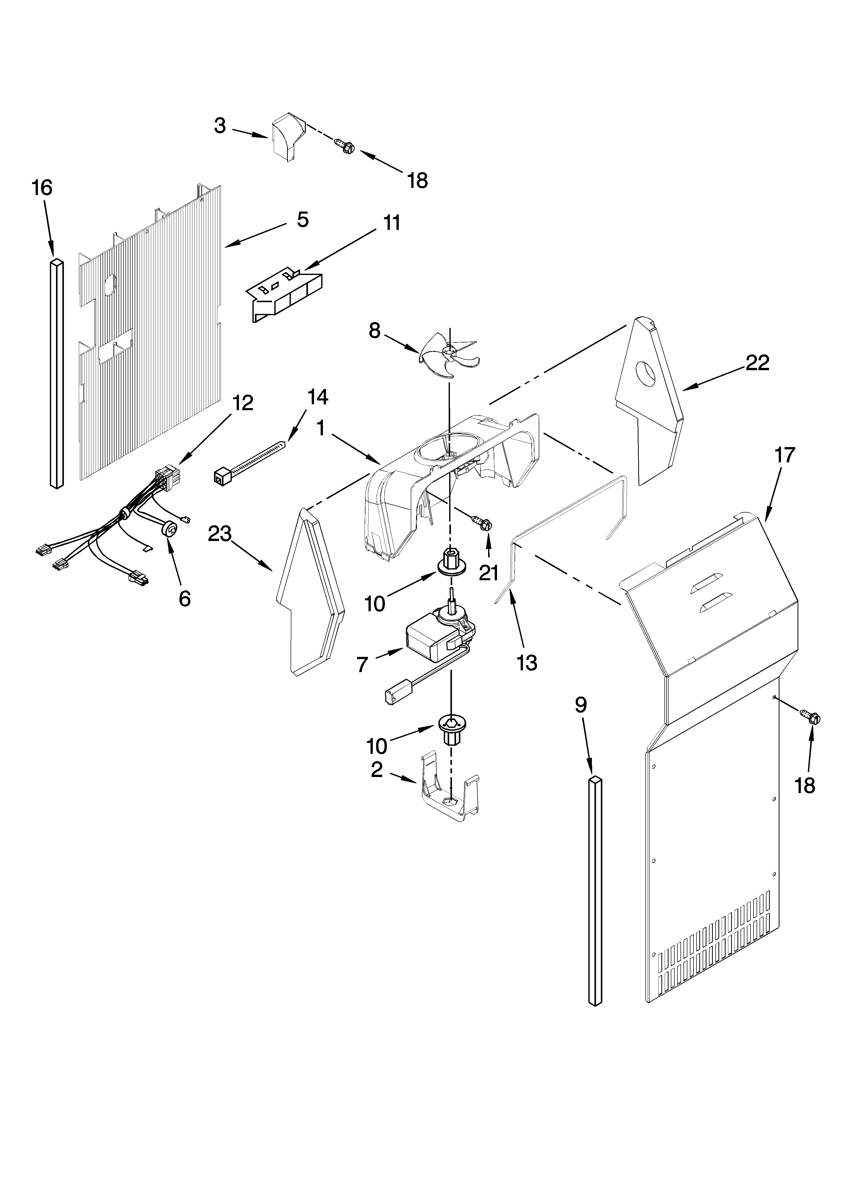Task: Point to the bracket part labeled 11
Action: coord(285,296)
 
